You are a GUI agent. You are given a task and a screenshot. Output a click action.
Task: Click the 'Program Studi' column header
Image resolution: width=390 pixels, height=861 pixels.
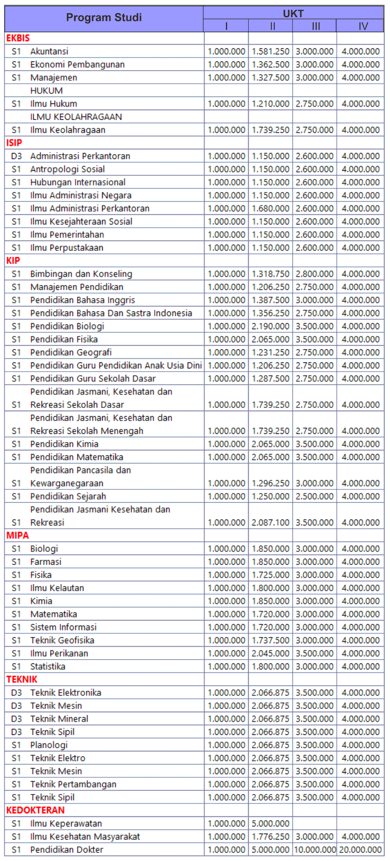pos(104,18)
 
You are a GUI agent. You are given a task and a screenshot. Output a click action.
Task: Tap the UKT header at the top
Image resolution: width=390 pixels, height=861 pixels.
pos(293,13)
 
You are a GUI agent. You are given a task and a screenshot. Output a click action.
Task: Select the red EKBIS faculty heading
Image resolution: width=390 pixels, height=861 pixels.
pos(18,38)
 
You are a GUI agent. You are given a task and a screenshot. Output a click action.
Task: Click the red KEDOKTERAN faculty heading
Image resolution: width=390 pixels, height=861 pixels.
pos(35,810)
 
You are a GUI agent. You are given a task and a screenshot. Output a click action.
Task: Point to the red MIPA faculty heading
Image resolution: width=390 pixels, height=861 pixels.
pos(18,535)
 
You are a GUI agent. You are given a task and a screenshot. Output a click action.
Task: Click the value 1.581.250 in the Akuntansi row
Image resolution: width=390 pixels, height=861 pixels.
pos(271,51)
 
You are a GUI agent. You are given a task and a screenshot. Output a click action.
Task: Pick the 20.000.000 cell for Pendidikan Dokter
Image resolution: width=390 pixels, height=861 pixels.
pos(360,850)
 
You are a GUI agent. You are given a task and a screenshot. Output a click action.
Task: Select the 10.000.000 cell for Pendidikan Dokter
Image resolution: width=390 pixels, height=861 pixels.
pos(315,850)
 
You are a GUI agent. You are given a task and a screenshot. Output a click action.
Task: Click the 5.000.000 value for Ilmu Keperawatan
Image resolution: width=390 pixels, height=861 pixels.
pos(271,824)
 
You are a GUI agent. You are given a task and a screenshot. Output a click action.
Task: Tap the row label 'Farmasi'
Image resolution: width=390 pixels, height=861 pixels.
pos(46,562)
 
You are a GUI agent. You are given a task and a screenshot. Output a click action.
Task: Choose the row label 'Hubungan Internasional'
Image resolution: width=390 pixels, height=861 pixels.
pos(78,182)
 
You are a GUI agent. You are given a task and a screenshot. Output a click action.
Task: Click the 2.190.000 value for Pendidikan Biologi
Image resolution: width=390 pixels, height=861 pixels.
pos(271,326)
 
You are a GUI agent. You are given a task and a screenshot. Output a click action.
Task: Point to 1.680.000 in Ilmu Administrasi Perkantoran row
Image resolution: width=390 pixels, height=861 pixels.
pos(271,209)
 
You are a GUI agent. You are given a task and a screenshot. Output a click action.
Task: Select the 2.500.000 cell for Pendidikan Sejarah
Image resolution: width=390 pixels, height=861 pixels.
pos(315,497)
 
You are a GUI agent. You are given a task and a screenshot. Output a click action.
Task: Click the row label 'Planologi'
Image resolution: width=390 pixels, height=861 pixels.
pos(49,745)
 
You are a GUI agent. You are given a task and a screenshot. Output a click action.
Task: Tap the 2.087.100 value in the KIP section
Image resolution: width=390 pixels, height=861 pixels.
pos(271,523)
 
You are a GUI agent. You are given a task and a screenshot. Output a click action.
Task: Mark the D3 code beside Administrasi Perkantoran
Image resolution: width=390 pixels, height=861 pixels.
pos(16,156)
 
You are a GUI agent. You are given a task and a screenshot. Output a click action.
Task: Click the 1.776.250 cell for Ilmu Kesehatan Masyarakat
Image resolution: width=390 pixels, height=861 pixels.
pos(271,837)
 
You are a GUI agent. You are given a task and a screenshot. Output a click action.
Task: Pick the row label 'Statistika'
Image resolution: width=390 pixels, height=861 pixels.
pos(48,666)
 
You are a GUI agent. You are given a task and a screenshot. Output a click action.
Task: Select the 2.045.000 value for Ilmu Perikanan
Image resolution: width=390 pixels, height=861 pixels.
pos(271,653)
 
